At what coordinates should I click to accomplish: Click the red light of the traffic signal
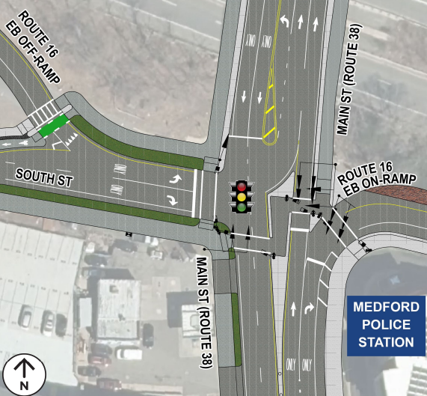[242, 186]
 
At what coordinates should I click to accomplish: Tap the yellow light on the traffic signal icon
[242, 197]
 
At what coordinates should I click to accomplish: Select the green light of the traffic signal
[242, 207]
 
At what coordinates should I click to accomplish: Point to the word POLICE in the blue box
[384, 324]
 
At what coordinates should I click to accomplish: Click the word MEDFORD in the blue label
[384, 307]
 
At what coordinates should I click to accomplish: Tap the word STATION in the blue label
[384, 342]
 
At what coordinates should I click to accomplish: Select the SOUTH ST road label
[44, 173]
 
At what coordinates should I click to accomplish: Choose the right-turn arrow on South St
[173, 199]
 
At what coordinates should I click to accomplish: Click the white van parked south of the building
[128, 353]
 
